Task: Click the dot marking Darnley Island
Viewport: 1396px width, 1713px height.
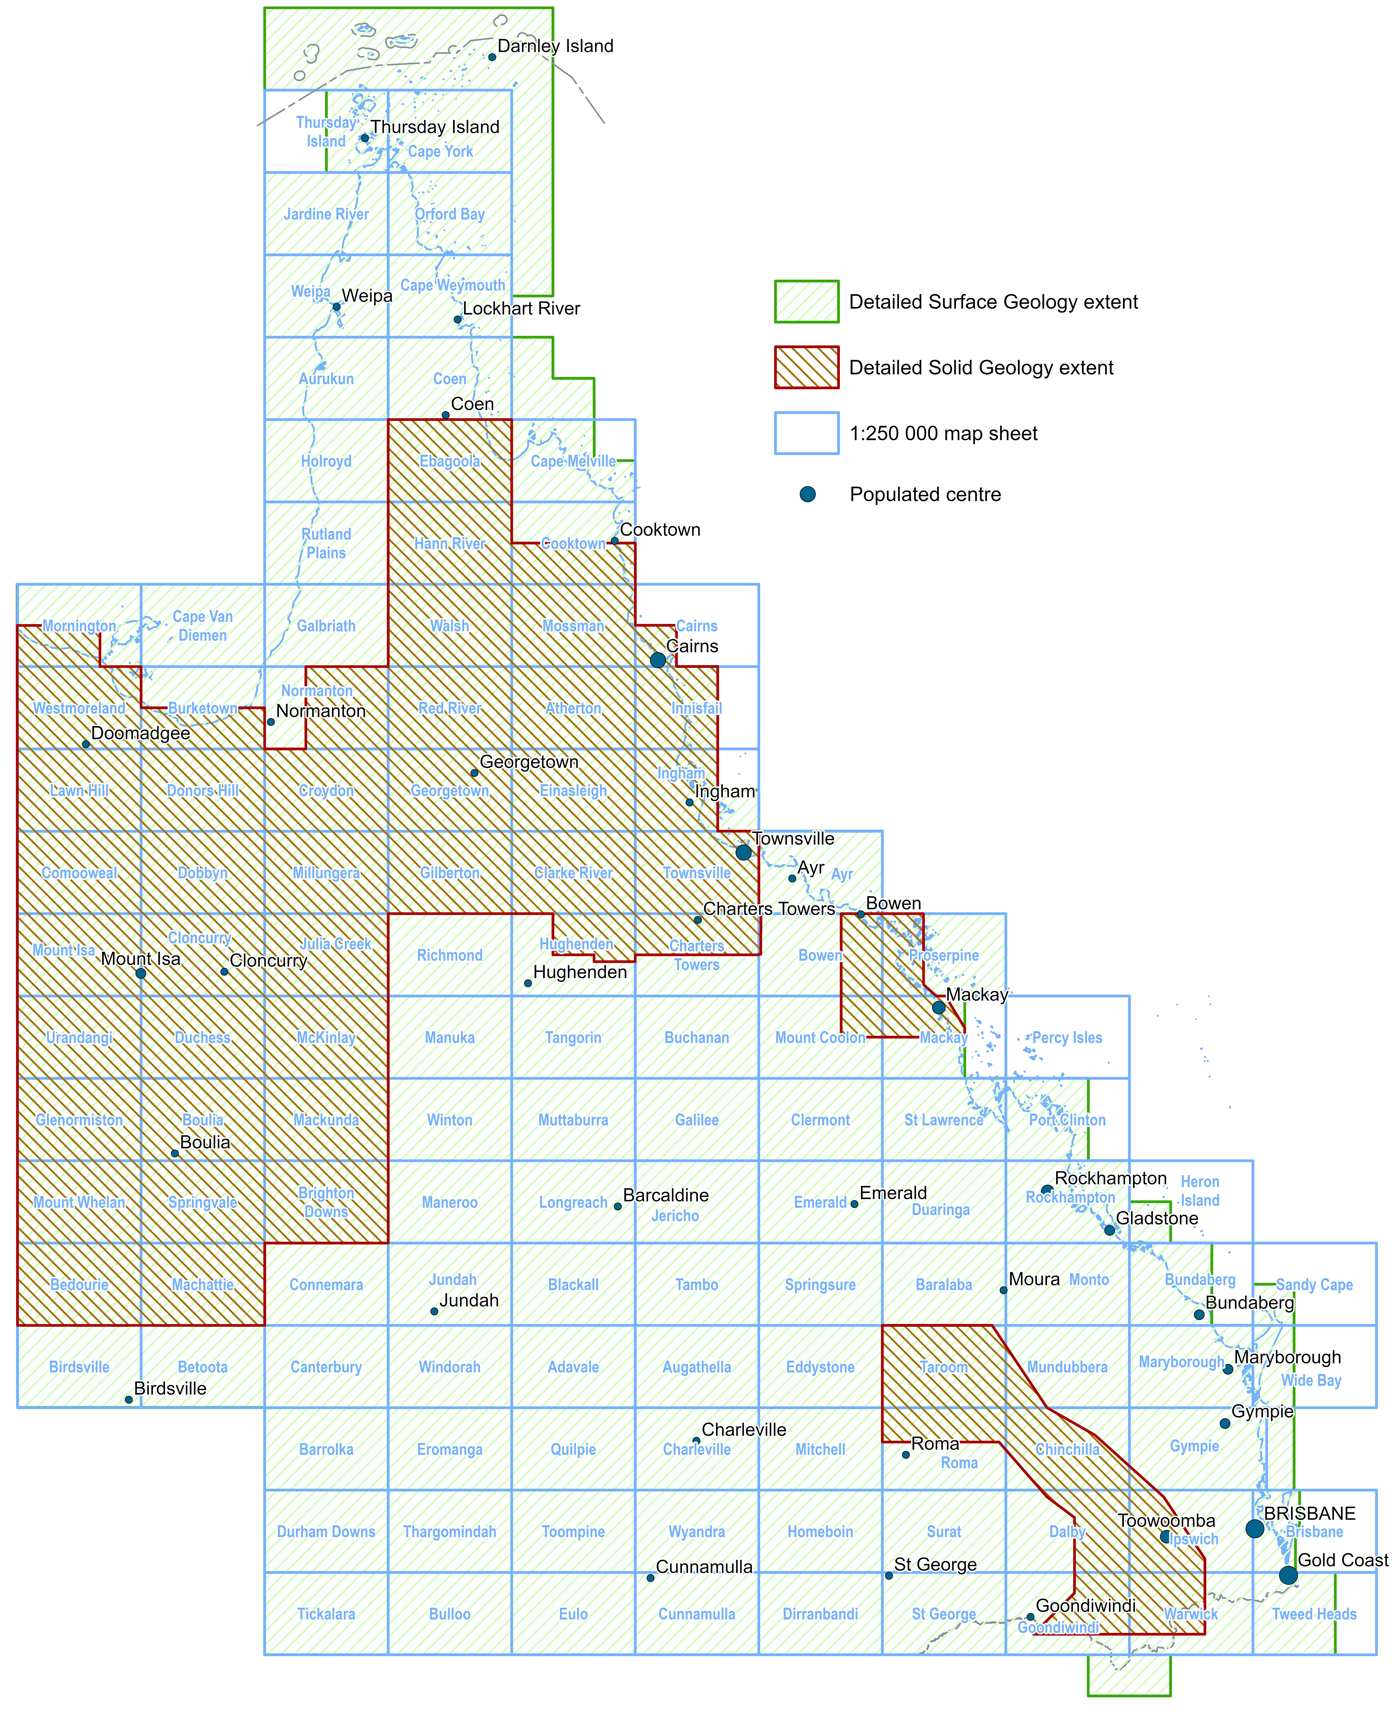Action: (x=492, y=57)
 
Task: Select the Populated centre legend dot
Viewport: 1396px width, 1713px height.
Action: (x=807, y=494)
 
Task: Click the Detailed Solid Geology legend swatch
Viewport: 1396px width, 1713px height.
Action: (x=807, y=367)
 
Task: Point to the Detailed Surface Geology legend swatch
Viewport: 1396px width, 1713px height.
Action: (x=807, y=302)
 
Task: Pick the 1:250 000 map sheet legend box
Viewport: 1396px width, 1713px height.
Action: (x=807, y=433)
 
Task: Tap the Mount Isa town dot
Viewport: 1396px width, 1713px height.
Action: (x=141, y=973)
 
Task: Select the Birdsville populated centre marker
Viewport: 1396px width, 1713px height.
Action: (x=129, y=1399)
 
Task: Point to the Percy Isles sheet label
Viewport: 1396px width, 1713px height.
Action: (x=1067, y=1038)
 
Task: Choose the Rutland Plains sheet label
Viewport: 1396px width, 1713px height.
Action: (x=326, y=543)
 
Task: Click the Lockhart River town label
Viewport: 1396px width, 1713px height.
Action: (x=521, y=309)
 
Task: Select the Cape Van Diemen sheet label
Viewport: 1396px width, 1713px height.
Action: (x=203, y=626)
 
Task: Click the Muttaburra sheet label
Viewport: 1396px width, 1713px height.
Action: (x=573, y=1120)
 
